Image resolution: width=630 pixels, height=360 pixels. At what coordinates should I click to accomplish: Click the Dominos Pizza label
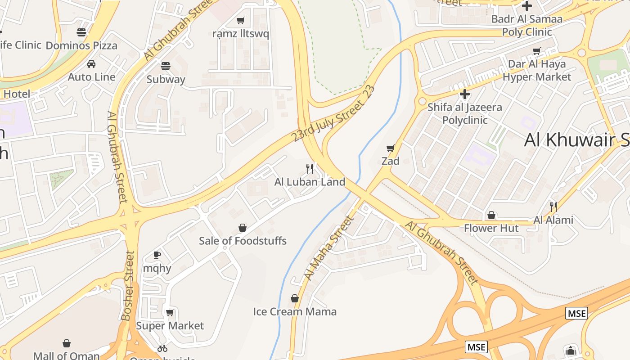pyautogui.click(x=81, y=45)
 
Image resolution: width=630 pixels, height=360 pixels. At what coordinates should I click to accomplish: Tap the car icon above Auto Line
pyautogui.click(x=91, y=64)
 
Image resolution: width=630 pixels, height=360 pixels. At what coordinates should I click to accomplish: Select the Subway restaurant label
pyautogui.click(x=166, y=80)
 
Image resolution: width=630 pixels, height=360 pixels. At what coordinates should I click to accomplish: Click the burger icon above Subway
pyautogui.click(x=165, y=66)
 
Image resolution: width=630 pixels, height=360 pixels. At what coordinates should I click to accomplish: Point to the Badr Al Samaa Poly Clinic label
pyautogui.click(x=526, y=25)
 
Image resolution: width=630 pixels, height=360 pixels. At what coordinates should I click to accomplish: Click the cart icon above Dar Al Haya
pyautogui.click(x=536, y=51)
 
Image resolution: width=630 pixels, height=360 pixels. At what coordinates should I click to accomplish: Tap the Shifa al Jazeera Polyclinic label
pyautogui.click(x=465, y=113)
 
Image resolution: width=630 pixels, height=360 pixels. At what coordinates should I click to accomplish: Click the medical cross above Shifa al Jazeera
pyautogui.click(x=465, y=94)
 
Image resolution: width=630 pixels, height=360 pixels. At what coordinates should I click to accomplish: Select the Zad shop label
pyautogui.click(x=390, y=161)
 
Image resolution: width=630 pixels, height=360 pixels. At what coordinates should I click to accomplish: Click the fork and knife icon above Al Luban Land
pyautogui.click(x=310, y=169)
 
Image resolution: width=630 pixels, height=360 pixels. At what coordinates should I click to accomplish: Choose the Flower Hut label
pyautogui.click(x=491, y=228)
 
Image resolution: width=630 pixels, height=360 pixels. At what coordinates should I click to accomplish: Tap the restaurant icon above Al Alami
pyautogui.click(x=553, y=207)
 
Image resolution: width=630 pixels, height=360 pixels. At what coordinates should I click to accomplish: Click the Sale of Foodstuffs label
pyautogui.click(x=243, y=241)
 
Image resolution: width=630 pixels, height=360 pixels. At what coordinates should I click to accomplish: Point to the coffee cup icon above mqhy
pyautogui.click(x=157, y=255)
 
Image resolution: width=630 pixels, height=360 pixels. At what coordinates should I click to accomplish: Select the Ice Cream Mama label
pyautogui.click(x=295, y=311)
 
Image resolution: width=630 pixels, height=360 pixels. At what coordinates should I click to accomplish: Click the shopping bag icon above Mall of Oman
pyautogui.click(x=67, y=344)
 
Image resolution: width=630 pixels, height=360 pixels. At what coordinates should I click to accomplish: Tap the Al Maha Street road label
pyautogui.click(x=328, y=248)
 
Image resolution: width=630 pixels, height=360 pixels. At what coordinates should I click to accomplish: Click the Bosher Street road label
pyautogui.click(x=128, y=286)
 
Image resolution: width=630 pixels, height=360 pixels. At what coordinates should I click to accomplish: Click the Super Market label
pyautogui.click(x=170, y=325)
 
